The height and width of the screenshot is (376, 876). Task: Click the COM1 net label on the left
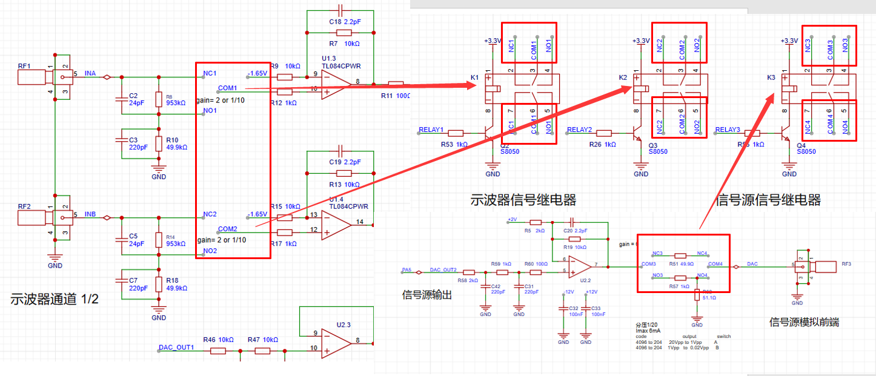click(x=228, y=88)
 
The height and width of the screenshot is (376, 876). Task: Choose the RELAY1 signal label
click(x=431, y=130)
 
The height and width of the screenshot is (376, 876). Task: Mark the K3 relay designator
click(x=771, y=78)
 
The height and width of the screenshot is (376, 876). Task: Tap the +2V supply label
click(x=512, y=219)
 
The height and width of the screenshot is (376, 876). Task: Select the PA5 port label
click(x=406, y=269)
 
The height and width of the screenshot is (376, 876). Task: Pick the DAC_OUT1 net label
click(x=176, y=348)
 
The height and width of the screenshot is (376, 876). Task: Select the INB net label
click(x=90, y=214)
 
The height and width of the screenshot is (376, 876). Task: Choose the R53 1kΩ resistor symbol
click(x=456, y=133)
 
